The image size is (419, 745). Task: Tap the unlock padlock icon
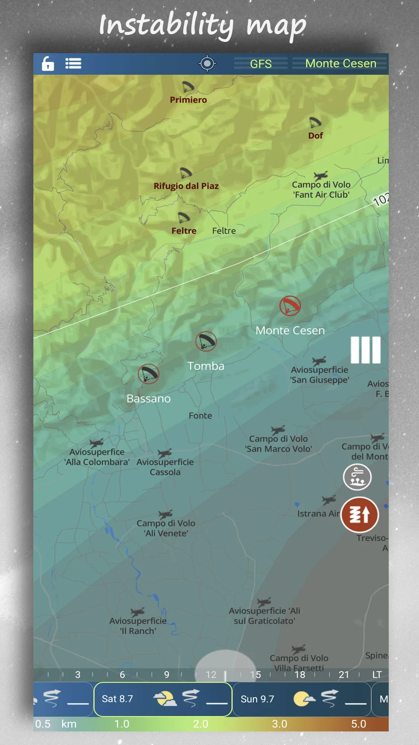tap(48, 64)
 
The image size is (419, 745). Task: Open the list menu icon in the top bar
tap(73, 64)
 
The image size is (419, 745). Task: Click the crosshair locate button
tap(207, 64)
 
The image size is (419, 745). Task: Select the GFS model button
tap(261, 64)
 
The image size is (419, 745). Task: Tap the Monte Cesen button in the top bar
tap(341, 64)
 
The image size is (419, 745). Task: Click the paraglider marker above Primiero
tap(188, 86)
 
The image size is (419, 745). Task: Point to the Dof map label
tap(315, 136)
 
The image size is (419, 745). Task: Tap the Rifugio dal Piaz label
tap(186, 186)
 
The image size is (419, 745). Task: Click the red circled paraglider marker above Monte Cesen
tap(290, 306)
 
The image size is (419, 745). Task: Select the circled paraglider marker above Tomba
tap(206, 341)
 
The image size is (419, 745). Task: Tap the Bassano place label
tap(149, 399)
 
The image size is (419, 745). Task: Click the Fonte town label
tap(200, 416)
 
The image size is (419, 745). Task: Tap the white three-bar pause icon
tap(365, 350)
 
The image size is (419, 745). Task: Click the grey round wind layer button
tap(357, 477)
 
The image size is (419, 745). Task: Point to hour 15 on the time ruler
tap(255, 675)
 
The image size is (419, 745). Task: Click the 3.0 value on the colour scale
tap(279, 724)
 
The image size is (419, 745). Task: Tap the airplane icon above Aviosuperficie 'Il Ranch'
tap(138, 612)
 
